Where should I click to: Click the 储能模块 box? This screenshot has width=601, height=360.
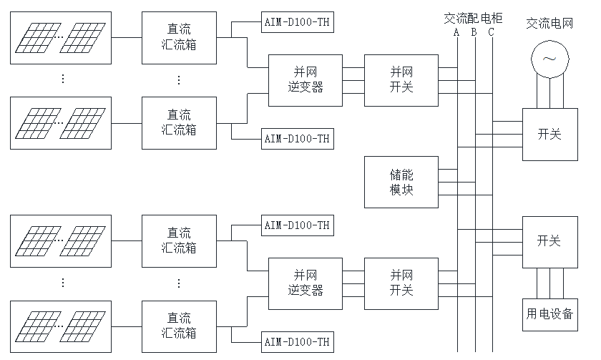[x=401, y=182]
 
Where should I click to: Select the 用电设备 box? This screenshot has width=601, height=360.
[x=549, y=313]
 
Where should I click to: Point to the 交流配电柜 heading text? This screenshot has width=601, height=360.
[x=473, y=18]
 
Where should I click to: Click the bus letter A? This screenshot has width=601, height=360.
[x=456, y=31]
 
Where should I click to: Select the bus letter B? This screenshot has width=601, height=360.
[x=474, y=31]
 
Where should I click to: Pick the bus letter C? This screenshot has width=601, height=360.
[x=491, y=31]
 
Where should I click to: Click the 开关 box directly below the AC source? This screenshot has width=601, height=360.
[x=549, y=134]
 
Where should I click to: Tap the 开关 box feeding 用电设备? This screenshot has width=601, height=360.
[x=549, y=240]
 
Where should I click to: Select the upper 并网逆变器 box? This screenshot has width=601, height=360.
[x=306, y=79]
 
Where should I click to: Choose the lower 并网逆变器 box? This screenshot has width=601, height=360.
[x=306, y=283]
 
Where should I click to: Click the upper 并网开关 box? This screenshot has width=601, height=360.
[x=401, y=79]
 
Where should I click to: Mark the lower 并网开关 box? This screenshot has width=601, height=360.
[x=401, y=283]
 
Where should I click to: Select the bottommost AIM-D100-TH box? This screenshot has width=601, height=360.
[x=297, y=341]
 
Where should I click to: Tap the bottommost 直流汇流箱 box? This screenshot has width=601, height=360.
[x=179, y=326]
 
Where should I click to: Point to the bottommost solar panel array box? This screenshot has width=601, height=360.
[x=62, y=326]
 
